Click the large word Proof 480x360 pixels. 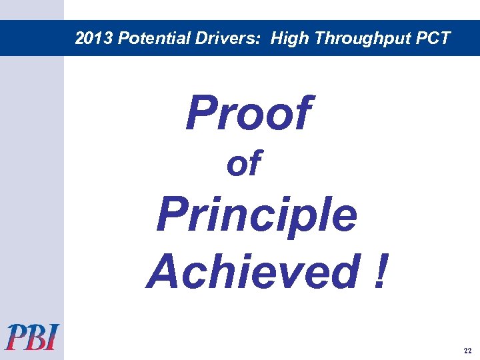click(248, 113)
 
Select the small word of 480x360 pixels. click(243, 164)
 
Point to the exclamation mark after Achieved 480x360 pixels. click(380, 272)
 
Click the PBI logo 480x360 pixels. click(32, 337)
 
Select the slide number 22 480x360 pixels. click(466, 350)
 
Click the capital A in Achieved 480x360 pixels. click(163, 272)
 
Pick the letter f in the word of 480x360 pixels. click(254, 163)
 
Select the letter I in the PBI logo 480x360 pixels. click(52, 337)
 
